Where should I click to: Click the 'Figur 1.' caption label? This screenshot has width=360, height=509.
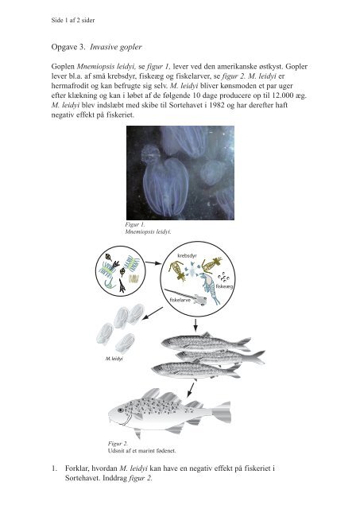tap(126, 225)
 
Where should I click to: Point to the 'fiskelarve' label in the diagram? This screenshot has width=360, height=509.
tap(182, 301)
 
